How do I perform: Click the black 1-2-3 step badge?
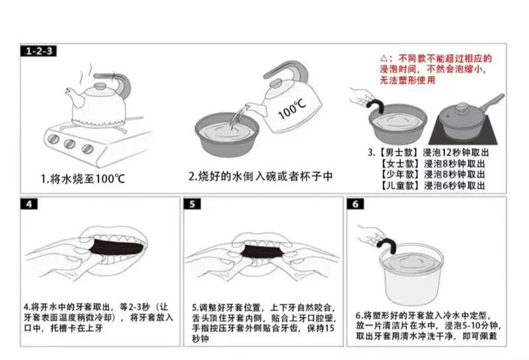pos(38,51)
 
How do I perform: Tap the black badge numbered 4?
pos(29,204)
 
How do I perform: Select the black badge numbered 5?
pos(192,204)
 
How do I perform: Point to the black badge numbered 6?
pos(356,204)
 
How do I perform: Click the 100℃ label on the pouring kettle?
pos(292,109)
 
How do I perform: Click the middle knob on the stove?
pos(69,144)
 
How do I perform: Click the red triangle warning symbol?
pos(384,58)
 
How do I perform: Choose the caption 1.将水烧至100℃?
pos(83,179)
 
